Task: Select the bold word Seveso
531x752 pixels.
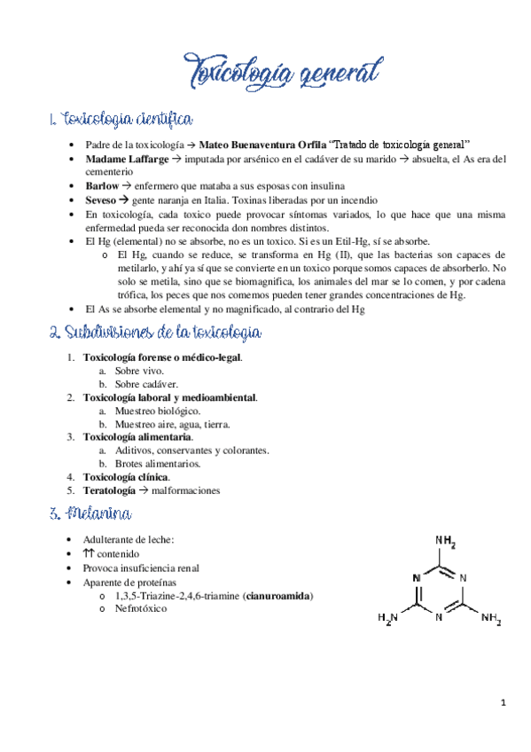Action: coord(102,200)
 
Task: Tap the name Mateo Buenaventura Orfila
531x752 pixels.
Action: coord(262,145)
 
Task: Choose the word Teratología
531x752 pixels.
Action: coord(109,490)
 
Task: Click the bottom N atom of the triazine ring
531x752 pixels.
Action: coord(439,618)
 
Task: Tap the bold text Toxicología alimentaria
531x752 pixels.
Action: coord(137,437)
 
